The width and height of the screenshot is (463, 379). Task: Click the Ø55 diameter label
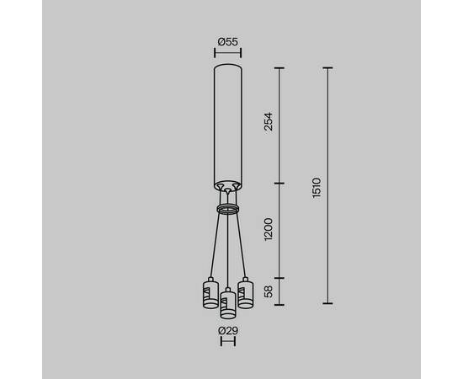(x=226, y=40)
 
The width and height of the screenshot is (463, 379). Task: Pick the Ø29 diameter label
(x=226, y=330)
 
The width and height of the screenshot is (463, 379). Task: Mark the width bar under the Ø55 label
(x=226, y=52)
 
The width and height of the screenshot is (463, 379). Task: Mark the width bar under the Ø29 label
(x=226, y=343)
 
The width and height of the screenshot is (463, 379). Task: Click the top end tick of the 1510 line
(x=327, y=67)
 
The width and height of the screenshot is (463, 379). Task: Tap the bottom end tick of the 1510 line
(x=327, y=303)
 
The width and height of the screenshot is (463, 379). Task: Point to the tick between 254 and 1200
(x=279, y=181)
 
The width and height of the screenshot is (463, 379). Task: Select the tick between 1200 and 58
(x=279, y=278)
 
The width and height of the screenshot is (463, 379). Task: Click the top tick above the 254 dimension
(x=279, y=67)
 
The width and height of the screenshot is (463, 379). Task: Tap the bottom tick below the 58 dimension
(x=279, y=303)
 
